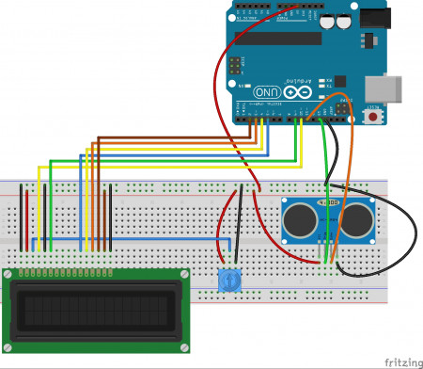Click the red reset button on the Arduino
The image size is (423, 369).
click(x=374, y=119)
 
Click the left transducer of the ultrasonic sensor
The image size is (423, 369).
click(x=301, y=220)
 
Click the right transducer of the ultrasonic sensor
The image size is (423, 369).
click(x=356, y=220)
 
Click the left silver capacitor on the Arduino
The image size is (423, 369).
click(x=327, y=20)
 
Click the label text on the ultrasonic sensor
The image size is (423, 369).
click(x=329, y=201)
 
